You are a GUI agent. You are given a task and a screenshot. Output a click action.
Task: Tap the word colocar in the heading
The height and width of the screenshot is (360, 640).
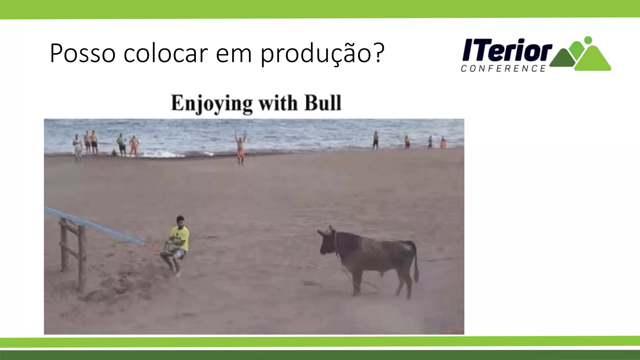click(x=166, y=53)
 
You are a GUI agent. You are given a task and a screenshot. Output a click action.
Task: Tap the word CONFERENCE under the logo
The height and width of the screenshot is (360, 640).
click(x=503, y=68)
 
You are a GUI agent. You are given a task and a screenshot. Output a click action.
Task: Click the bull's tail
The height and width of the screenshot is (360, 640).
click(x=416, y=262)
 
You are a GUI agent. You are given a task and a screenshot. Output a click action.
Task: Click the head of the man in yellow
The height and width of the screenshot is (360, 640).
click(x=180, y=221)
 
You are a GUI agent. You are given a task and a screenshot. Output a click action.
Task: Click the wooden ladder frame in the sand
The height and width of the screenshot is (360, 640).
click(x=73, y=253)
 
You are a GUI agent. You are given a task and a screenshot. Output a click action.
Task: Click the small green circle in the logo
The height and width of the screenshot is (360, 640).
click(x=588, y=40)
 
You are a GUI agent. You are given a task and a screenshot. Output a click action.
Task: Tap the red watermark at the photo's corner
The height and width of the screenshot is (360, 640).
click(x=452, y=332)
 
